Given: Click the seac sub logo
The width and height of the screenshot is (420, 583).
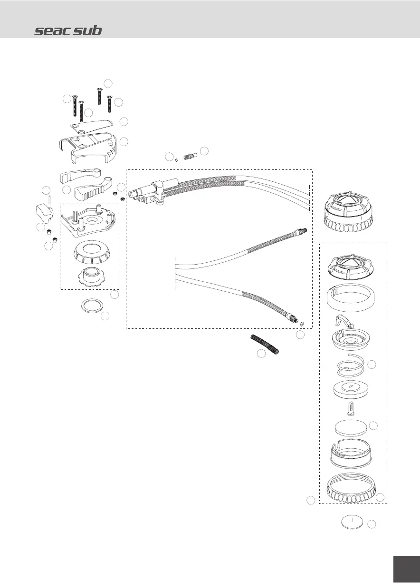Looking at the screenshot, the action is point(68,31).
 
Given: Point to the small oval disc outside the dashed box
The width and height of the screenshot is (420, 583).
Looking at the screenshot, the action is point(352,522).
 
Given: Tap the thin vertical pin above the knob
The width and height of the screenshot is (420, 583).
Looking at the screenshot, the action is point(49,197).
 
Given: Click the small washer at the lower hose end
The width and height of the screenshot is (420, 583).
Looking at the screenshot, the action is point(303,324).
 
